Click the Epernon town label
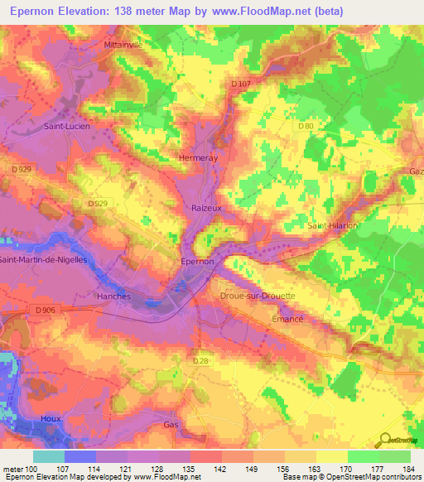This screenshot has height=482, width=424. tap(198, 261)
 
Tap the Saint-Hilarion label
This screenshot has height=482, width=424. tap(330, 225)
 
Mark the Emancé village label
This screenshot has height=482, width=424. tap(287, 318)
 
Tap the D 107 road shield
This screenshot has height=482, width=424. tap(241, 84)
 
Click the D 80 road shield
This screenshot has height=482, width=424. tap(306, 126)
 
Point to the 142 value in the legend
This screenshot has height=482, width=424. tap(219, 470)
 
